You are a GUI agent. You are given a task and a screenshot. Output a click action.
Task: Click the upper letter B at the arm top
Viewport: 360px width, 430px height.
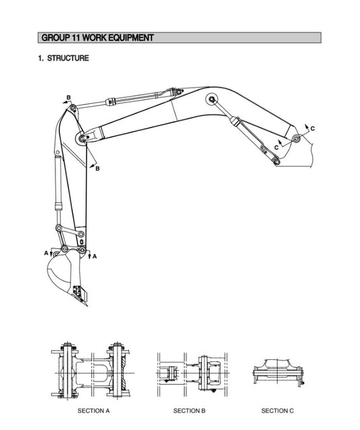pyautogui.click(x=68, y=98)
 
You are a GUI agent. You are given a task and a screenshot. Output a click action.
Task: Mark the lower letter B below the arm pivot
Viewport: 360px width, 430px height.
pyautogui.click(x=97, y=168)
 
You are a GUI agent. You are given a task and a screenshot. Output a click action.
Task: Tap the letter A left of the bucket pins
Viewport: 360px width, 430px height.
pyautogui.click(x=47, y=252)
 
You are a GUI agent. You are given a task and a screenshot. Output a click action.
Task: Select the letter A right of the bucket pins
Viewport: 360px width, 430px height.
pyautogui.click(x=95, y=256)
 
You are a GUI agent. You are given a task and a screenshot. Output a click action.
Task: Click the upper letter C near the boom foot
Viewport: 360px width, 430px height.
pyautogui.click(x=312, y=128)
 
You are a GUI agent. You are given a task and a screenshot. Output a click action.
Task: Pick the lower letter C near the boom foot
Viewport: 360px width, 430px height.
pyautogui.click(x=277, y=146)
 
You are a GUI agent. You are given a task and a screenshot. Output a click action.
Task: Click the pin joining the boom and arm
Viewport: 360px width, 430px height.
pyautogui.click(x=82, y=138)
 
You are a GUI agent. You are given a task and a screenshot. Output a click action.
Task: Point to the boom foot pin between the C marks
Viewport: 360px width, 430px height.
pyautogui.click(x=296, y=138)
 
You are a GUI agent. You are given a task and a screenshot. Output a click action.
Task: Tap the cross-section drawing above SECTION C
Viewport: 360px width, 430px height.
pyautogui.click(x=278, y=370)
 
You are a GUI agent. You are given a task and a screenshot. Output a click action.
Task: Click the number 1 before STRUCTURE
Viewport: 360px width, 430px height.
pyautogui.click(x=40, y=59)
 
